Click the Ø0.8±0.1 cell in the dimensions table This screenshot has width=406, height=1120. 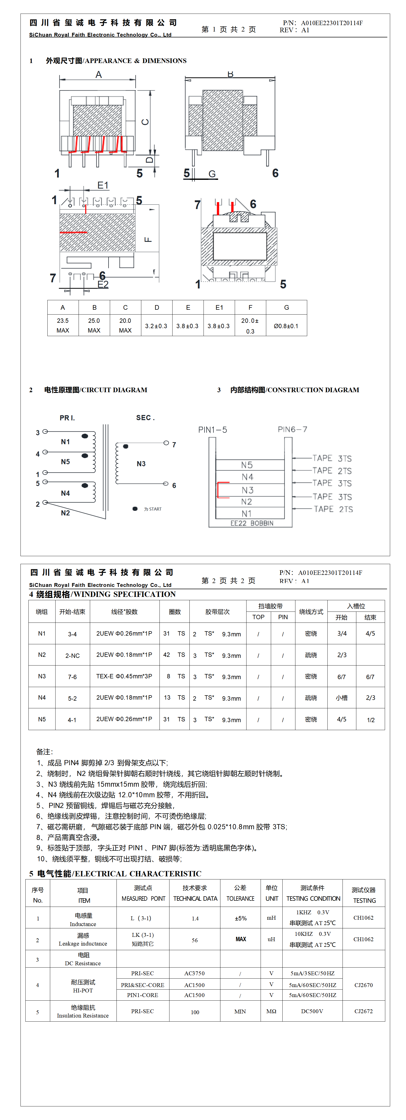click(x=286, y=326)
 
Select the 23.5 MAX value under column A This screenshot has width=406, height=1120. click(x=63, y=325)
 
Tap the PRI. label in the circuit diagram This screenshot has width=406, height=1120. click(x=67, y=418)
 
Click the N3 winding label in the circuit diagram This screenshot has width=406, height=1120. click(x=141, y=464)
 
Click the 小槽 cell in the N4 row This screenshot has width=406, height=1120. click(x=342, y=698)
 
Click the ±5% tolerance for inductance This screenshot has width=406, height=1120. click(x=240, y=918)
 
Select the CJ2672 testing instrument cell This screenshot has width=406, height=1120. click(x=364, y=1011)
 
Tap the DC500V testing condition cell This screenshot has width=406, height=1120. click(x=312, y=1011)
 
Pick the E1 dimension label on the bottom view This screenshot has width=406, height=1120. click(x=103, y=186)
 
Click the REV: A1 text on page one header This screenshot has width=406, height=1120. click(x=294, y=30)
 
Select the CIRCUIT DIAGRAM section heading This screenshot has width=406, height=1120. click(x=96, y=390)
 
